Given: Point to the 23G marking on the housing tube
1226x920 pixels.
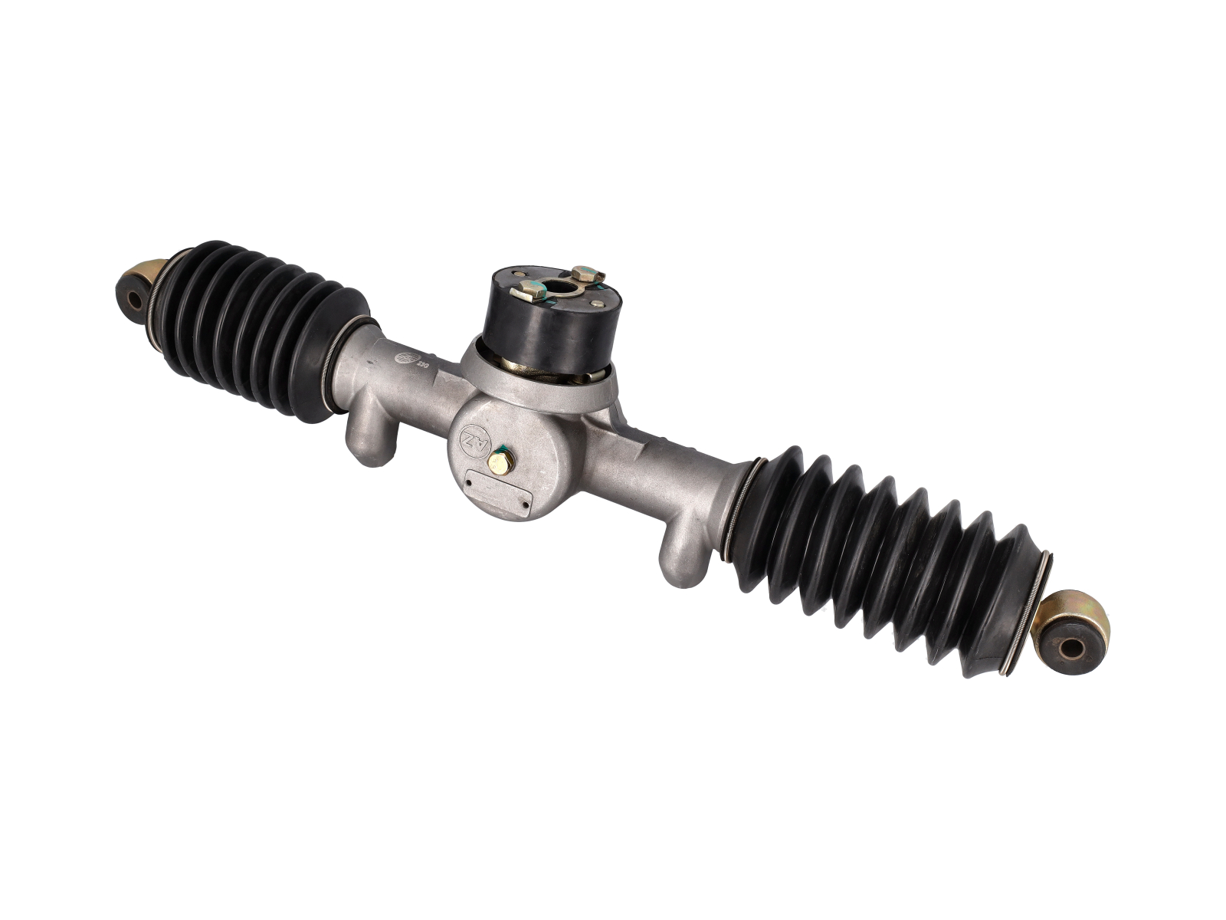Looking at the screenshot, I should coord(421,365).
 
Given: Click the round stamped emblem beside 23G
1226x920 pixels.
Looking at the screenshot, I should coord(403,359).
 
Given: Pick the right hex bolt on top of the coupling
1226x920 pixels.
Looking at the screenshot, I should coord(586,273).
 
